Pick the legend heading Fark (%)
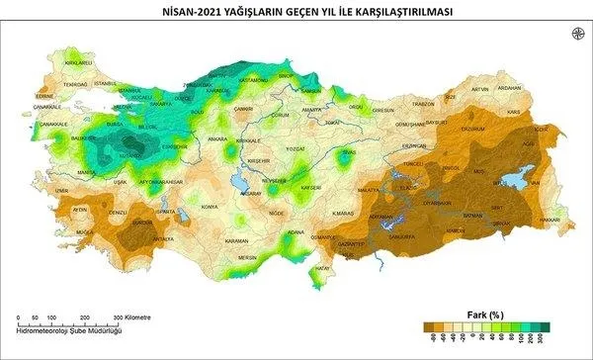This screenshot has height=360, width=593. (x=485, y=315)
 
